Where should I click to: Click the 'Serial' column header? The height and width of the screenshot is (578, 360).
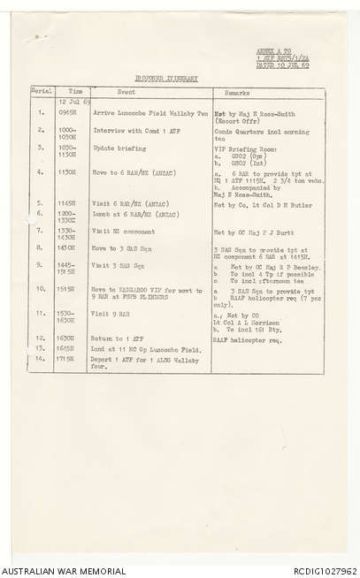coord(42,91)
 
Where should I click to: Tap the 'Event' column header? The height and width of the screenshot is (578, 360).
coord(126,92)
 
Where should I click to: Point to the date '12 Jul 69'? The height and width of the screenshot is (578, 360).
coord(70,102)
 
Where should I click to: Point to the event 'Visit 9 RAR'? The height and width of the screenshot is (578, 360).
coord(112,314)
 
